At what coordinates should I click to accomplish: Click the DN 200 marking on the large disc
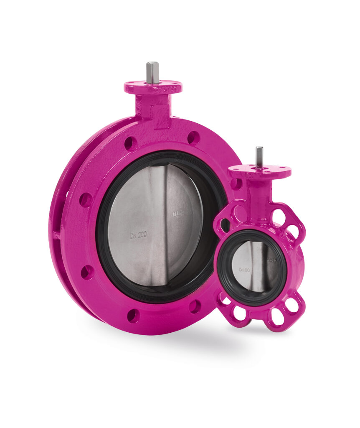coord(138,235)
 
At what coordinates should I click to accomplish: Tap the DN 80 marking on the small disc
coord(245,270)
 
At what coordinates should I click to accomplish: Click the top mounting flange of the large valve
coord(153,87)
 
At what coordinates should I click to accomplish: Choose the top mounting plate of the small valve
coord(259,171)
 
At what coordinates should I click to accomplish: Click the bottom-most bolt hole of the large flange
coord(133,315)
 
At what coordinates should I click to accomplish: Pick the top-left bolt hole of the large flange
coord(130,143)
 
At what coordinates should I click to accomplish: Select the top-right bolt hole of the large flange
coord(193,138)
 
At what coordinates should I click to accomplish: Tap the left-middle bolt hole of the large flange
coord(86,200)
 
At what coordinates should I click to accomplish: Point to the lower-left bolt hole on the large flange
coord(87,273)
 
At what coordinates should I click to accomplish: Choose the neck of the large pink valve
coord(153,110)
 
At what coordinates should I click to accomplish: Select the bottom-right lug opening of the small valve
coord(291,305)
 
